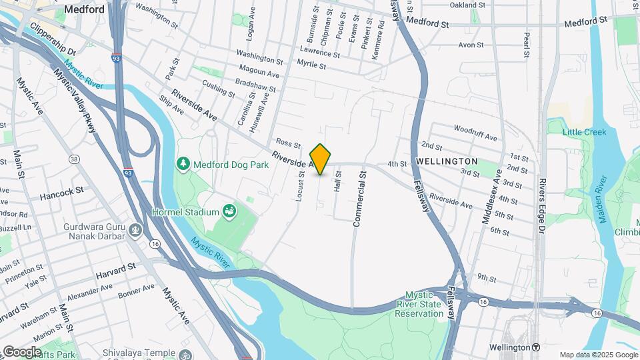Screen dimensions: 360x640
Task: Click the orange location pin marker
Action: coord(321,159)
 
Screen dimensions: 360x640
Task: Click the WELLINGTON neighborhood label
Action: coord(447,161)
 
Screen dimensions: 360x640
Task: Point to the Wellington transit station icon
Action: coord(536,347)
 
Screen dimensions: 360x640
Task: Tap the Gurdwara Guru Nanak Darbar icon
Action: coord(136,231)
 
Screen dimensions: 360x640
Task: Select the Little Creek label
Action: coord(584,132)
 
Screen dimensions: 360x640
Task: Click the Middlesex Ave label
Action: coord(495,194)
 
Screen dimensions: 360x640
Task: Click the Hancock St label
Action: coord(61,189)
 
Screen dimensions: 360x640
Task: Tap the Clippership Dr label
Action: coord(53,41)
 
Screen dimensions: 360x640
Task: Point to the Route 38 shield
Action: coord(73,159)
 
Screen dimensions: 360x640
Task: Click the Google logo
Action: coord(21,351)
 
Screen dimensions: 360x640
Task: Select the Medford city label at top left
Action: coord(84,9)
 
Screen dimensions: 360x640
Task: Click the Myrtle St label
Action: coord(311,66)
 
